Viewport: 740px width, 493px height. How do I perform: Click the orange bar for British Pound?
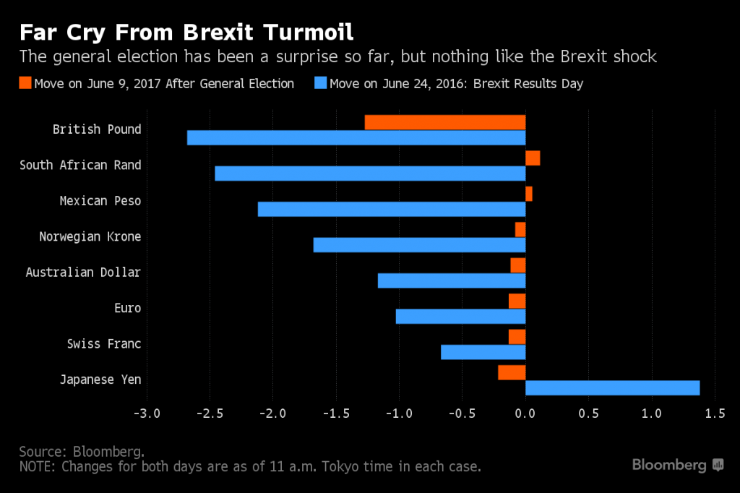pyautogui.click(x=444, y=122)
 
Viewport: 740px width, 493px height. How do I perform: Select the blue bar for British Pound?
pyautogui.click(x=356, y=137)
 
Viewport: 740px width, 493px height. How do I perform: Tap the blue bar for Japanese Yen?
pyautogui.click(x=612, y=388)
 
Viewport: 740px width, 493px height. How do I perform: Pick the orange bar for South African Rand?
pyautogui.click(x=533, y=158)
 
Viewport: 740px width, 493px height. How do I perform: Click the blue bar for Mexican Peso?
pyautogui.click(x=391, y=209)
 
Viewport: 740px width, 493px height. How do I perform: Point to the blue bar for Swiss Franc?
pyautogui.click(x=483, y=352)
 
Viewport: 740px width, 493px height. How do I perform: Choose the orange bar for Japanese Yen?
pyautogui.click(x=512, y=372)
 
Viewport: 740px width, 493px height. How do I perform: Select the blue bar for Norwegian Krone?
pyautogui.click(x=419, y=245)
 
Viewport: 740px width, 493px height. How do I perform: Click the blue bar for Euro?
pyautogui.click(x=460, y=317)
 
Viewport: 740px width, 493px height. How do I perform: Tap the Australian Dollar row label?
pyautogui.click(x=83, y=273)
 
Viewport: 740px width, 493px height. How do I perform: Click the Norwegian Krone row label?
pyautogui.click(x=90, y=236)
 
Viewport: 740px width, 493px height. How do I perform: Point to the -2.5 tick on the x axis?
pyautogui.click(x=209, y=413)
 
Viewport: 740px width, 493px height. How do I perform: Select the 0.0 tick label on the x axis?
pyautogui.click(x=525, y=413)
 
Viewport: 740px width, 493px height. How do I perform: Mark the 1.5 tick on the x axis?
pyautogui.click(x=714, y=413)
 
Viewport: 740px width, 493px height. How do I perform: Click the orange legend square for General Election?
pyautogui.click(x=26, y=83)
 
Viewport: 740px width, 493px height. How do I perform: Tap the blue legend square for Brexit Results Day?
pyautogui.click(x=319, y=83)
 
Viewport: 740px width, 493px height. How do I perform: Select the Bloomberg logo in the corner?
pyautogui.click(x=678, y=465)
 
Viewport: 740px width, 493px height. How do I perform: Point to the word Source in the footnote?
pyautogui.click(x=43, y=451)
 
